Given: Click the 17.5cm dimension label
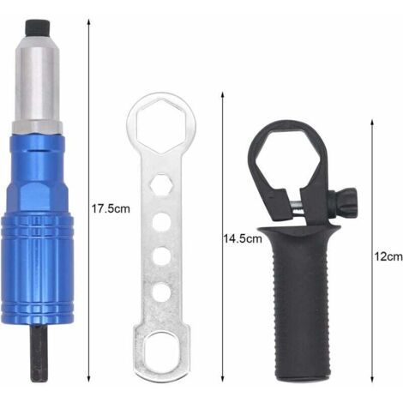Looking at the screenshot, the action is [x=111, y=208].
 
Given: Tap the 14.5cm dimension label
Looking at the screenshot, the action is [x=243, y=238].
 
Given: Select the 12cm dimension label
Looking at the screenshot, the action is [x=388, y=256].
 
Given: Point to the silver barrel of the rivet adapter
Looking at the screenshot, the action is [x=36, y=80].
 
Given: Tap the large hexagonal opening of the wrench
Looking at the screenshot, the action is [x=161, y=126].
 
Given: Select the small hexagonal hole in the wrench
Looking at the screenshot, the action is [x=161, y=184].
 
